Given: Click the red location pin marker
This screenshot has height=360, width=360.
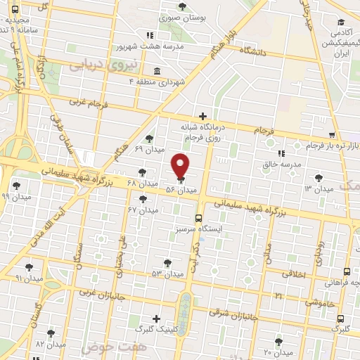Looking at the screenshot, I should coord(181,165).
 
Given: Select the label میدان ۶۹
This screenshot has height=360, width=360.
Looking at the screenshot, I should coord(148,149).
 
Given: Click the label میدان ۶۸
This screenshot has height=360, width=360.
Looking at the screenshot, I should coord(141,184).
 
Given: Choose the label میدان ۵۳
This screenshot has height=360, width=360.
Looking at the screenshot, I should coord(167,273).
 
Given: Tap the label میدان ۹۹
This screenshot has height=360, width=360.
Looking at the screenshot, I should coord(15,198).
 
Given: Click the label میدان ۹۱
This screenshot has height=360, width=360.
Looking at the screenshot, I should coord(29,278).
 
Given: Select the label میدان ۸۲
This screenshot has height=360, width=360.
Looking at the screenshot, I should coord(50,345).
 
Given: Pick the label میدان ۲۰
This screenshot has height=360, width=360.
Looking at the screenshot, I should coord(277,352).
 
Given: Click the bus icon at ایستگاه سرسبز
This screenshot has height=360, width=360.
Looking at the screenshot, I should coord(199,218).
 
